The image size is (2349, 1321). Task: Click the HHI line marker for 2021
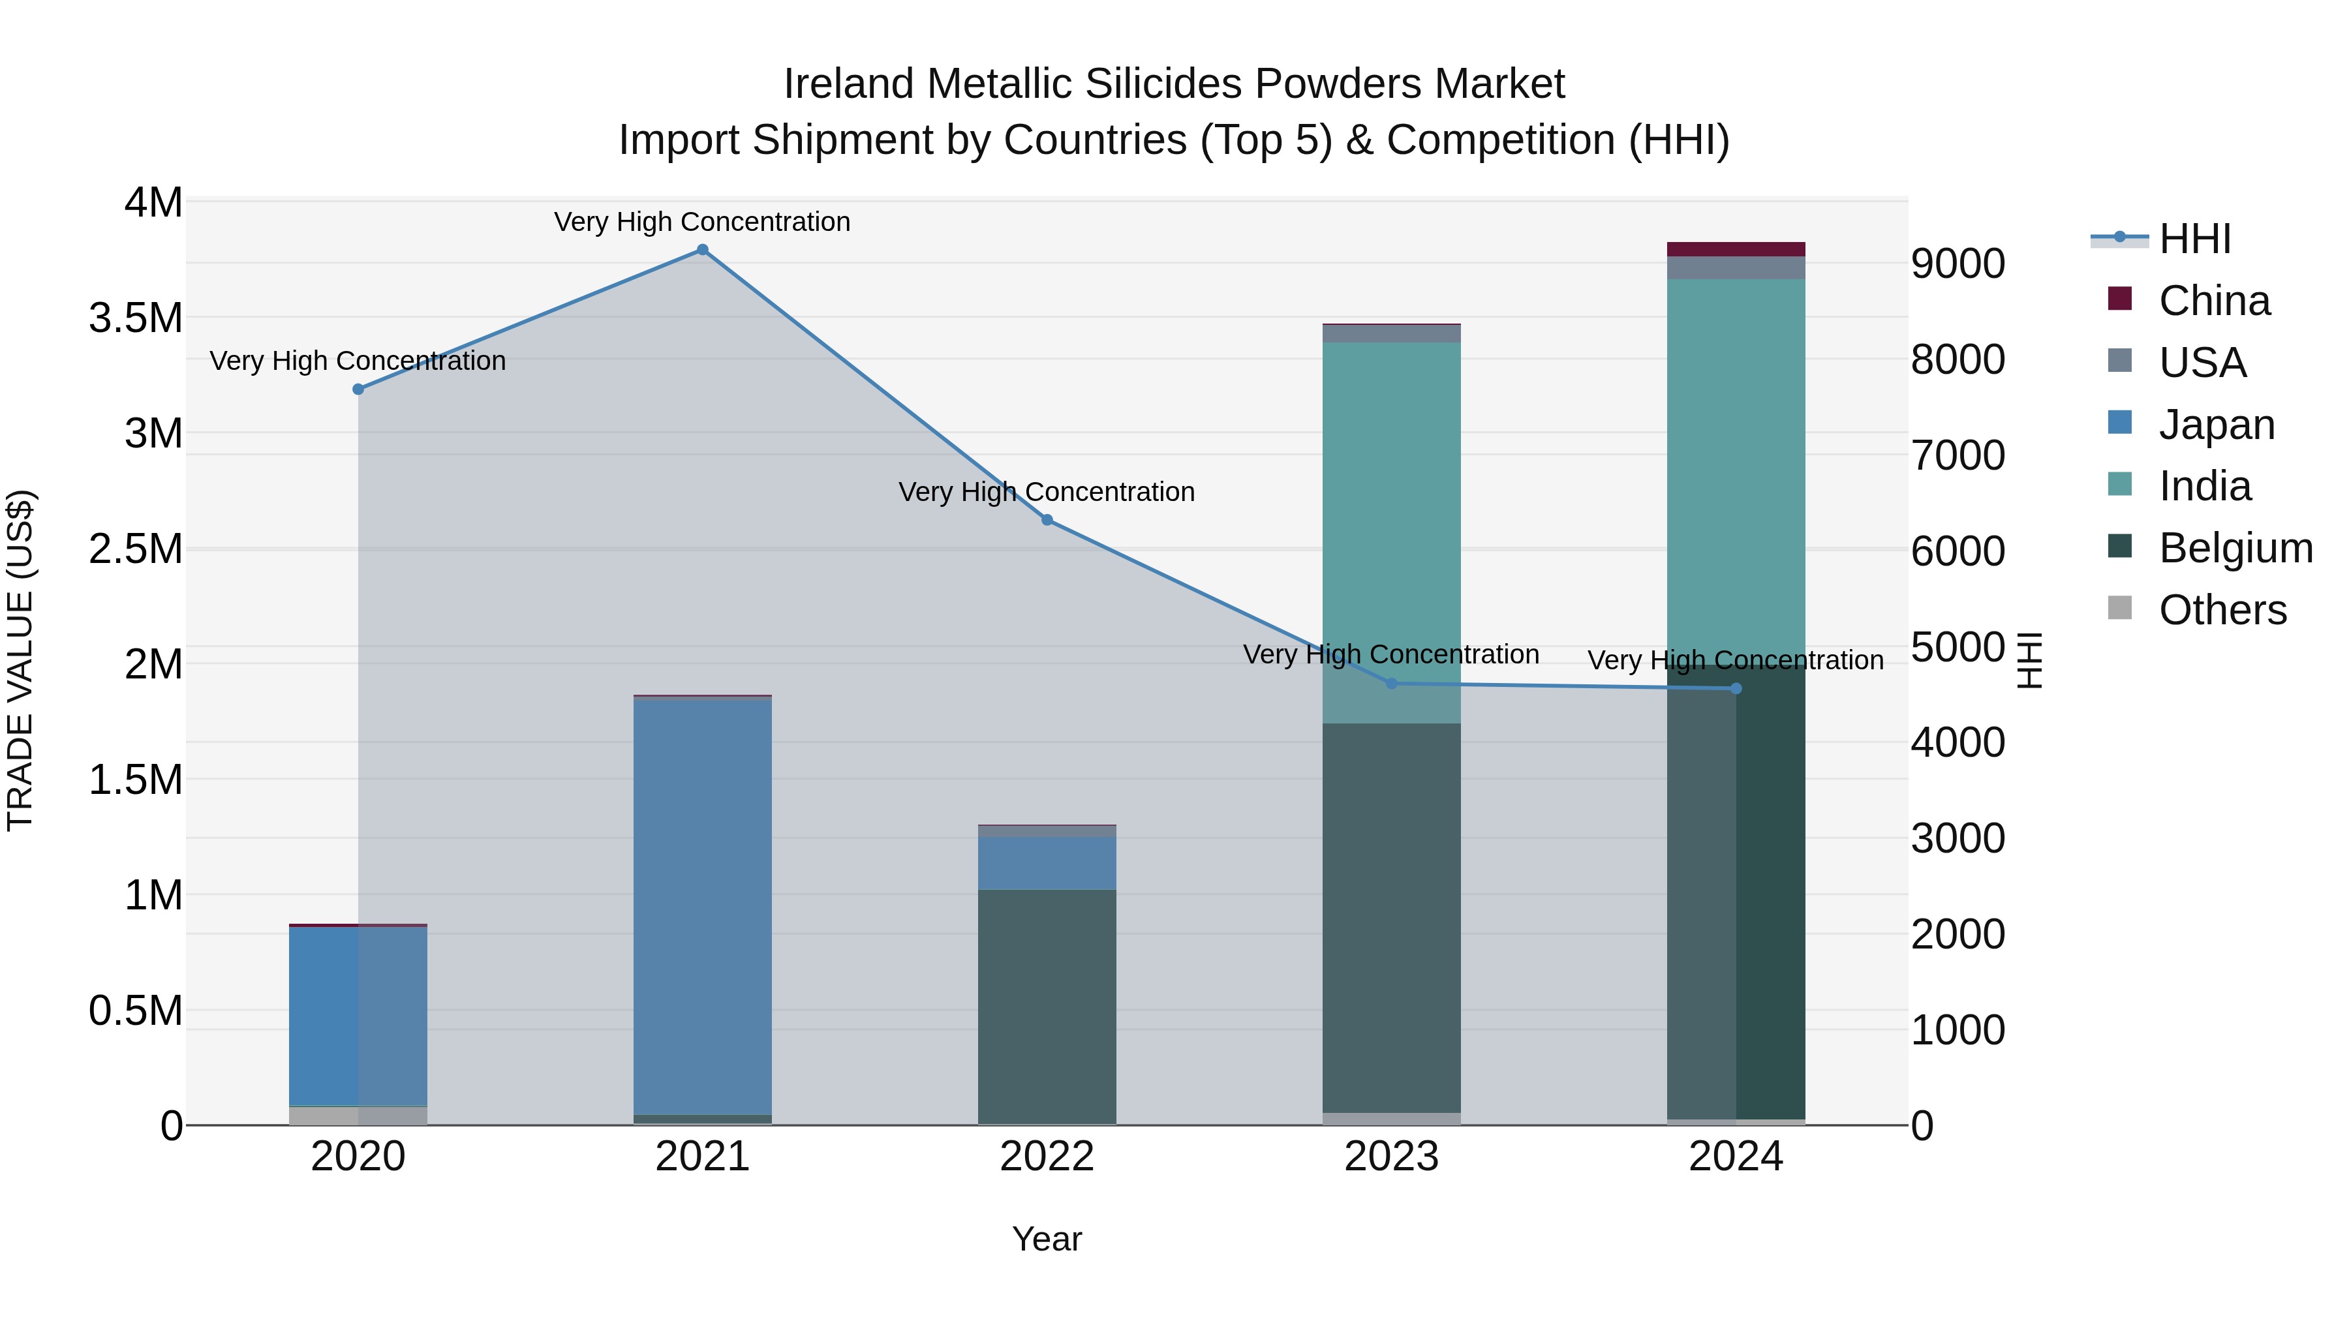click(x=702, y=250)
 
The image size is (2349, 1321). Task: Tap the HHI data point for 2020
click(x=358, y=389)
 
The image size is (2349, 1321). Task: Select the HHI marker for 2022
click(x=1047, y=520)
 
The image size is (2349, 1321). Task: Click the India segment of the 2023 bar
click(x=1392, y=529)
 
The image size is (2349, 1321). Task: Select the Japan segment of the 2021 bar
click(x=702, y=907)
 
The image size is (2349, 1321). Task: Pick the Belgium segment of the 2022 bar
click(x=1047, y=1007)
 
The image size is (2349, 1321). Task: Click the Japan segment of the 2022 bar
click(x=1047, y=862)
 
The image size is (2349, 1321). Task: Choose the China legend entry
click(x=2213, y=301)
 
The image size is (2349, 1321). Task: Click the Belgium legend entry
click(x=2235, y=548)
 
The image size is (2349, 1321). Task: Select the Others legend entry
click(x=2222, y=610)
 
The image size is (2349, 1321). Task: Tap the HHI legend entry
click(x=2194, y=239)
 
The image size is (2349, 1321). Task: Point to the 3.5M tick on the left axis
click(x=136, y=318)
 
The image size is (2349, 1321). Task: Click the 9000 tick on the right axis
click(x=1957, y=264)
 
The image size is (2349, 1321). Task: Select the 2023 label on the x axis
click(x=1392, y=1157)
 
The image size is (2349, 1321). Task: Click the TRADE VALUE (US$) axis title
click(x=20, y=660)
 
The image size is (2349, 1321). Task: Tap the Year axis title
click(x=1047, y=1239)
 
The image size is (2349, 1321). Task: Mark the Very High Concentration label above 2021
click(x=702, y=222)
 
